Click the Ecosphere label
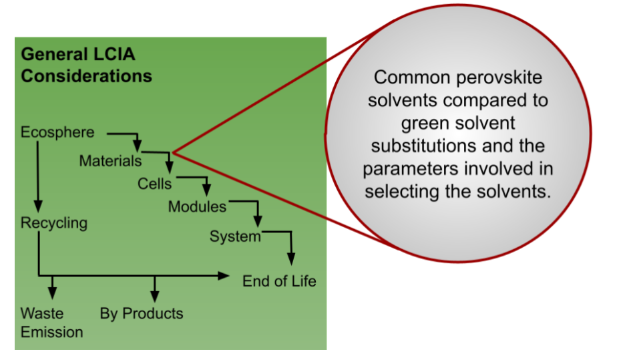(x=57, y=132)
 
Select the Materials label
(x=110, y=161)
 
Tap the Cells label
(x=155, y=183)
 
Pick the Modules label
(x=197, y=206)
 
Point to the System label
(x=234, y=236)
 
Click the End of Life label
(x=278, y=281)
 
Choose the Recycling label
(x=53, y=222)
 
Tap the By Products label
(x=142, y=313)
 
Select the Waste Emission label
(x=51, y=322)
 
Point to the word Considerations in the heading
(x=86, y=76)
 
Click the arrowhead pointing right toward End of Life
(x=223, y=275)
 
